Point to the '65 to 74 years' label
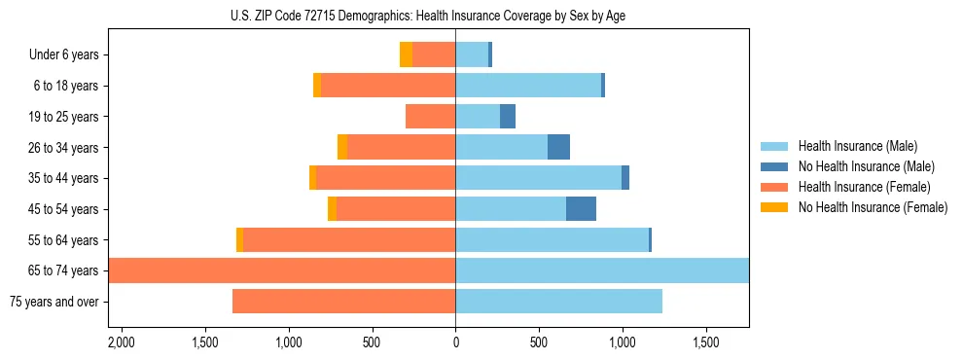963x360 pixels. [x=63, y=270]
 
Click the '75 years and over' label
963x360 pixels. [x=54, y=302]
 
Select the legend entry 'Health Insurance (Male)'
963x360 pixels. [x=857, y=146]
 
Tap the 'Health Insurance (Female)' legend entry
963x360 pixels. [x=864, y=187]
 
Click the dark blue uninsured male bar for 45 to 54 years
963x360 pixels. [x=581, y=209]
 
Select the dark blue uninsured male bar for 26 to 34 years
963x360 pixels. [x=558, y=147]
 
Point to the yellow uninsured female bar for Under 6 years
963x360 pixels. [x=406, y=55]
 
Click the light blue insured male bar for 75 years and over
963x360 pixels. [x=558, y=302]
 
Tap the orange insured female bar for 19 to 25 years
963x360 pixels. [x=430, y=117]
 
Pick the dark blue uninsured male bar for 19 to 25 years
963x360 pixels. [x=508, y=117]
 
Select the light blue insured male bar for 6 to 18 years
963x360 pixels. [x=528, y=86]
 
